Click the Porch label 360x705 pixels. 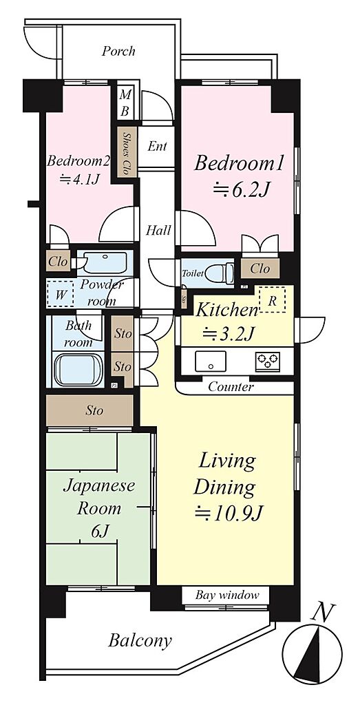pyautogui.click(x=118, y=51)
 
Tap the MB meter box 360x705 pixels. pyautogui.click(x=126, y=103)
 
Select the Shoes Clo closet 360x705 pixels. pyautogui.click(x=127, y=151)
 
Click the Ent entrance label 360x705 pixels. pyautogui.click(x=158, y=146)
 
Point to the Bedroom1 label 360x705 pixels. pyautogui.click(x=239, y=164)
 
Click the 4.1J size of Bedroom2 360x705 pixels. pyautogui.click(x=80, y=180)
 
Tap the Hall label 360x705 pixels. pyautogui.click(x=158, y=231)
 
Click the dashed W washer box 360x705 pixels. pyautogui.click(x=61, y=295)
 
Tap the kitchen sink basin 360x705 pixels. pyautogui.click(x=211, y=361)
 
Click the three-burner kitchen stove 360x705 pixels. pyautogui.click(x=268, y=361)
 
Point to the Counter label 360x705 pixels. pyautogui.click(x=231, y=387)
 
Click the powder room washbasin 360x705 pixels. pyautogui.click(x=105, y=262)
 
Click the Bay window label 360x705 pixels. pyautogui.click(x=227, y=596)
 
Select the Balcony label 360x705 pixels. pyautogui.click(x=140, y=640)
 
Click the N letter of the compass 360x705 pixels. pyautogui.click(x=324, y=612)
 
